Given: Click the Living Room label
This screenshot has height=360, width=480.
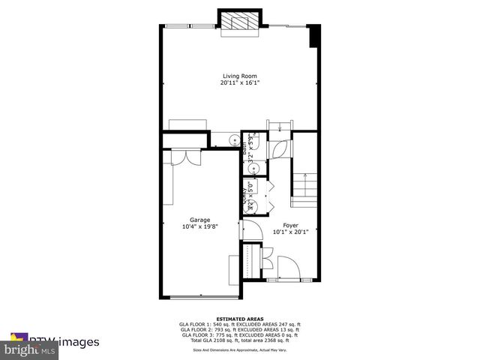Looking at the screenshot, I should (240, 75).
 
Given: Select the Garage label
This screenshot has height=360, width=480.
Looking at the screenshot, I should (199, 220).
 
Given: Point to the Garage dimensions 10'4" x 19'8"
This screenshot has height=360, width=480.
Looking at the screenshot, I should (199, 227).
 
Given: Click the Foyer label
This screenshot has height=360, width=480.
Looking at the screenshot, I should (291, 225).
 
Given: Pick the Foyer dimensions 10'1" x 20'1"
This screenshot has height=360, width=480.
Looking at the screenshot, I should (291, 232).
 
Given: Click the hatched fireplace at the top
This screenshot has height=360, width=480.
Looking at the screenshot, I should (239, 22).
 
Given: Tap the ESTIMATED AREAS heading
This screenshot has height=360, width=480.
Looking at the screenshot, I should (240, 318).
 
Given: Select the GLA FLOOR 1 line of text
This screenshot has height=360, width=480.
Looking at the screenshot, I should (240, 324).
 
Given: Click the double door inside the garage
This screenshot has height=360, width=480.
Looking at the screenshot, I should (184, 157).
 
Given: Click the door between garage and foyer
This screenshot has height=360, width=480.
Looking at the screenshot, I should (249, 229).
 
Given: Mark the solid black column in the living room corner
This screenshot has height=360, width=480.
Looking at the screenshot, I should (314, 36).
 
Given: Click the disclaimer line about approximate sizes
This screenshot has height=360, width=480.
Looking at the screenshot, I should (240, 349).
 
